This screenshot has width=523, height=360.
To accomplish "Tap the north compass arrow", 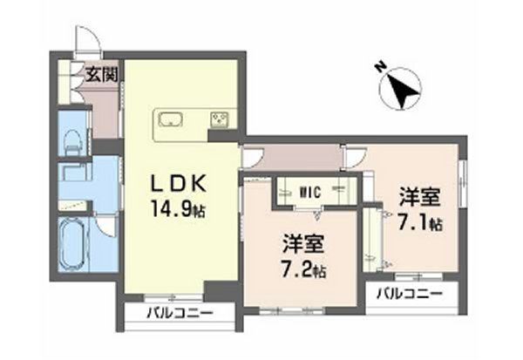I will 402,90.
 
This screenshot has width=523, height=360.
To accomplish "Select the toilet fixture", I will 74,139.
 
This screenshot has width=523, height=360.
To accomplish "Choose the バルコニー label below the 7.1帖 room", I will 404,294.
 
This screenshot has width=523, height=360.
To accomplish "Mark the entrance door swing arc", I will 85,37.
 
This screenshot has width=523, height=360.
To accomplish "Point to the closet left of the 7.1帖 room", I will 373,238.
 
